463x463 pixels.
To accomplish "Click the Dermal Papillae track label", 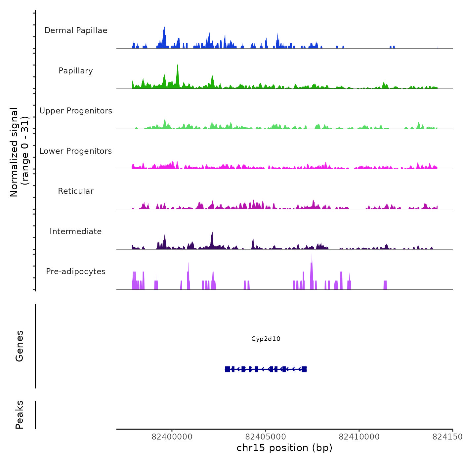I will click(x=76, y=30).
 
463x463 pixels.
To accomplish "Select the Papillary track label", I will click(x=76, y=71).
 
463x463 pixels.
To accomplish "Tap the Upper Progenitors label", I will click(x=76, y=111).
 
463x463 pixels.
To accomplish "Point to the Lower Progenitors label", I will click(x=76, y=151).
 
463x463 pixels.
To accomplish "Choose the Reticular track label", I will click(x=76, y=191).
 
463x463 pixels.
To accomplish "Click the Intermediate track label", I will click(x=76, y=232).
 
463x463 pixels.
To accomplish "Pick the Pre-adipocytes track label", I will click(x=76, y=272).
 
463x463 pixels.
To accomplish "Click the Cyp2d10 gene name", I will click(x=266, y=339).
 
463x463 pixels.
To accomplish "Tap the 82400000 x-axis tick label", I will click(x=172, y=437).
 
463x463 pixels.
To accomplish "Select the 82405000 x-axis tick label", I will click(x=266, y=437).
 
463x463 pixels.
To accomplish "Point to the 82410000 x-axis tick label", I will click(x=359, y=437).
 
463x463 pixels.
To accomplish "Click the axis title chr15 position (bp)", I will click(x=284, y=448).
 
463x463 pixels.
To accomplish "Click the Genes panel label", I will click(x=20, y=346).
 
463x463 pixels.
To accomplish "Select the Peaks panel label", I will click(x=20, y=415).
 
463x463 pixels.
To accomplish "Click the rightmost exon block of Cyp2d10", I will click(x=304, y=369).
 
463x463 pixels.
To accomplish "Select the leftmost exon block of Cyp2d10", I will click(x=228, y=369).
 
